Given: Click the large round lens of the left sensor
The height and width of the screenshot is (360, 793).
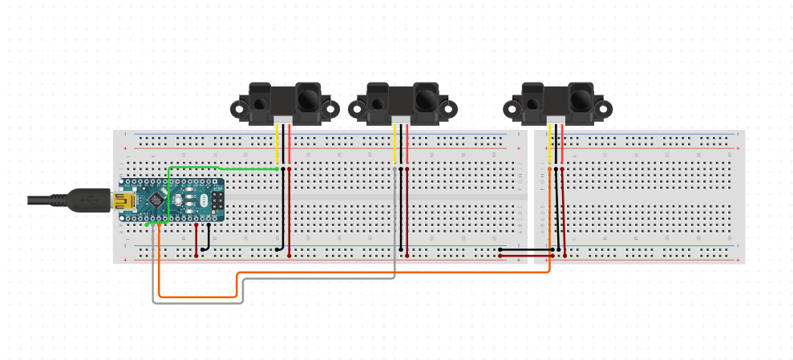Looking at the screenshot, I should (307, 99).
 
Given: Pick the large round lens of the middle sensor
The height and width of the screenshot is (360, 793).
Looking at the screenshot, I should (425, 99).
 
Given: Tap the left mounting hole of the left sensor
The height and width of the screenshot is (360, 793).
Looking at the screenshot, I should (239, 108).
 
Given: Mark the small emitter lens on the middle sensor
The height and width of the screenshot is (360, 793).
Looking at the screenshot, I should (378, 104).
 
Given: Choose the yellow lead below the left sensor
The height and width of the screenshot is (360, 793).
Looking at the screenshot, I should (277, 144).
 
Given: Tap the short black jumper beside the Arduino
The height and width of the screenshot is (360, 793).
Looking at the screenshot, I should (208, 238).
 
